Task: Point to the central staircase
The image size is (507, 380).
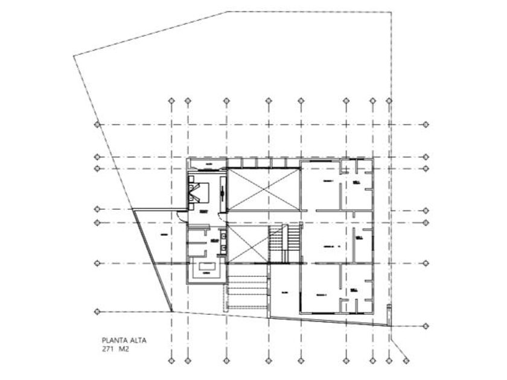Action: [277, 244]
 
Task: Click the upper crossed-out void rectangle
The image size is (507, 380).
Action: [264, 190]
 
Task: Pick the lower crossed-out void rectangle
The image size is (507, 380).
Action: [247, 244]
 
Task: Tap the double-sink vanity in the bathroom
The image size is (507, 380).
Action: [224, 241]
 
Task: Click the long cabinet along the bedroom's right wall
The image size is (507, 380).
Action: [223, 192]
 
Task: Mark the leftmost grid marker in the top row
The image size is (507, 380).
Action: [171, 101]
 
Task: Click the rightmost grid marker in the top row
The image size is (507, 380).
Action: [390, 101]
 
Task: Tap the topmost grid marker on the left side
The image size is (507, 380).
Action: [97, 125]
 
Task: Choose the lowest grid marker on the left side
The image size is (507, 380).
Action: [97, 311]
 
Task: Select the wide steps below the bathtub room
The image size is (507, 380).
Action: [247, 291]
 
